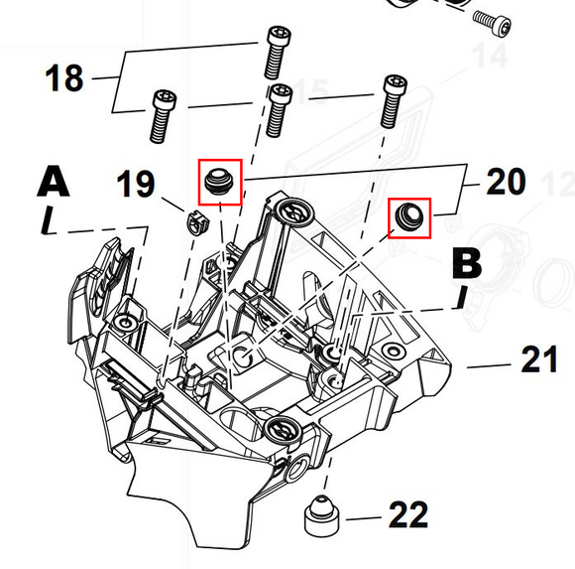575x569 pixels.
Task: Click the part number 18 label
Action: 64,77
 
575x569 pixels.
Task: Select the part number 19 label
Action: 135,184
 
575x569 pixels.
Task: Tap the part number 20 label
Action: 506,181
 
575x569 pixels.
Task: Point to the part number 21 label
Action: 539,358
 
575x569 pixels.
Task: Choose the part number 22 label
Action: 408,514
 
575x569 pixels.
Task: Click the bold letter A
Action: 54,181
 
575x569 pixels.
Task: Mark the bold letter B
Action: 467,263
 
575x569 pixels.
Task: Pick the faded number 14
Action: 491,56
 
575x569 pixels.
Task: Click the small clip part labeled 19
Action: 198,223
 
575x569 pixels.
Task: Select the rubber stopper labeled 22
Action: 321,515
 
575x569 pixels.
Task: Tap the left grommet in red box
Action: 219,181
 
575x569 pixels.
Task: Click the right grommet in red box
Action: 409,216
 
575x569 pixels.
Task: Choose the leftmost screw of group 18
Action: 162,116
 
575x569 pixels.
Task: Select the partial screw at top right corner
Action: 492,23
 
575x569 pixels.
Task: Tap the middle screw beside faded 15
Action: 279,110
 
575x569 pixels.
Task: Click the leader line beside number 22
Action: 364,518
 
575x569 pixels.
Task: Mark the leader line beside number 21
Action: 489,365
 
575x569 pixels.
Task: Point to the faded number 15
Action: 311,90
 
